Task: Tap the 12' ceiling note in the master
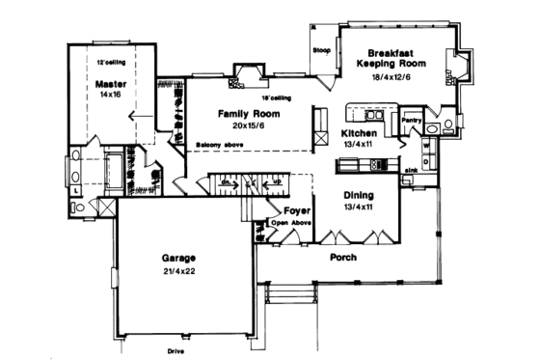pyautogui.click(x=113, y=62)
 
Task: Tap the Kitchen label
pyautogui.click(x=359, y=134)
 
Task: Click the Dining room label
pyautogui.click(x=361, y=195)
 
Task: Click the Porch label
pyautogui.click(x=345, y=258)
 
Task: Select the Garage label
pyautogui.click(x=179, y=259)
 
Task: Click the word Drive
pyautogui.click(x=175, y=351)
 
